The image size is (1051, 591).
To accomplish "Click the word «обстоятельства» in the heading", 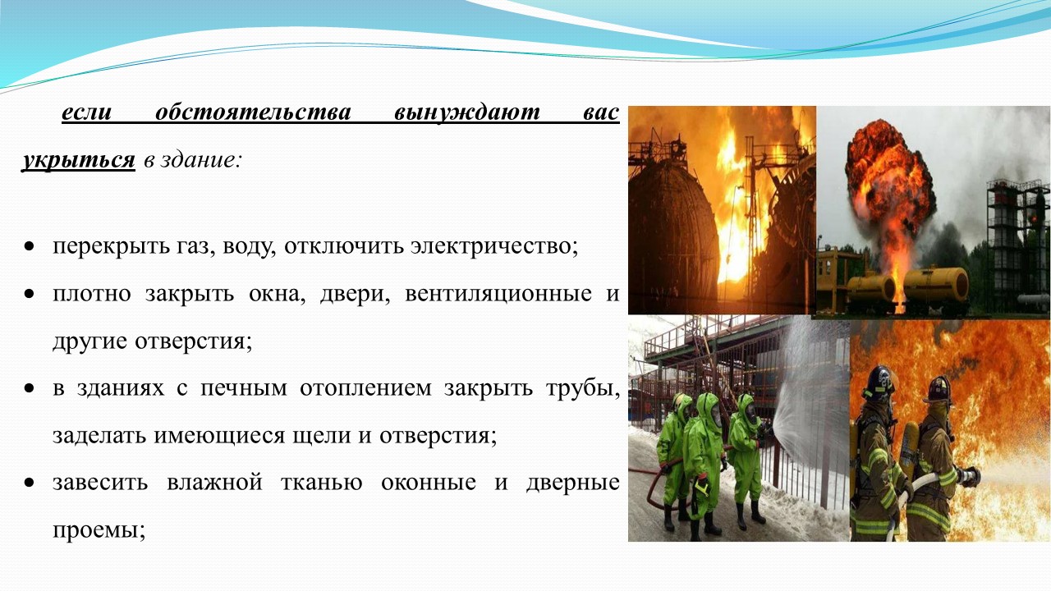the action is click(x=253, y=113).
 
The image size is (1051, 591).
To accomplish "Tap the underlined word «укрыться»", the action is click(x=78, y=160).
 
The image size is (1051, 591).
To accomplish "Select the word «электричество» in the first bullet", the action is click(x=494, y=245).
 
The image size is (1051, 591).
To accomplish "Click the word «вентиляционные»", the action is click(x=498, y=295).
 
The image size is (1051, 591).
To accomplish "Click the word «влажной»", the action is click(x=214, y=482).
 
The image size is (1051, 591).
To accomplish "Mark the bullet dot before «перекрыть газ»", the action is click(x=30, y=246).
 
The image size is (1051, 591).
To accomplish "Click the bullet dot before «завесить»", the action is click(x=30, y=482).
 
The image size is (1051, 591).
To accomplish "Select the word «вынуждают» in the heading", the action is click(x=467, y=113).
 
